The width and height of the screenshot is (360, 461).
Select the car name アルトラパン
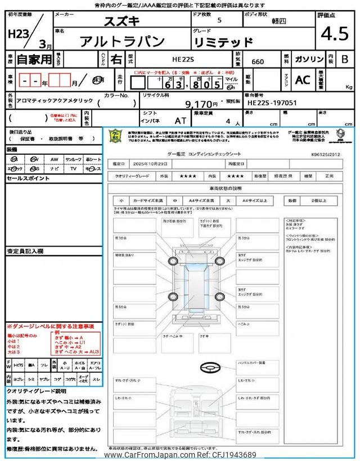coord(123,41)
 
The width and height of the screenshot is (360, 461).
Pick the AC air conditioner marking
coord(303,80)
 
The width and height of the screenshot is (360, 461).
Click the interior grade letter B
coord(345,59)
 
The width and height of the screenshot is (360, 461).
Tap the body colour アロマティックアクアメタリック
coord(47,100)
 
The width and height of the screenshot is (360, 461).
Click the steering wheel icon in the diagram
coord(209,368)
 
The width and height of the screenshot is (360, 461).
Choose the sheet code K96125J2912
coord(325,153)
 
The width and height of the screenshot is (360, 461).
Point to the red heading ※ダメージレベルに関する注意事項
coord(50,326)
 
